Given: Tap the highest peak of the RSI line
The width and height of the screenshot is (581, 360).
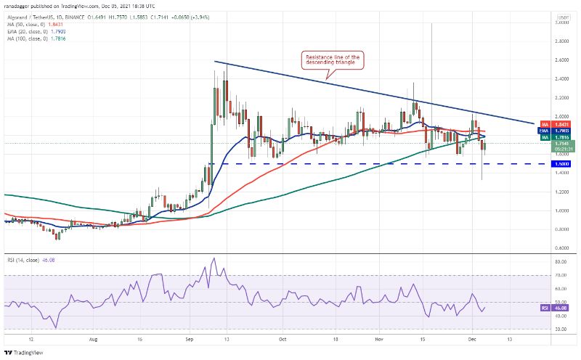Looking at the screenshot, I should [x=214, y=258].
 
